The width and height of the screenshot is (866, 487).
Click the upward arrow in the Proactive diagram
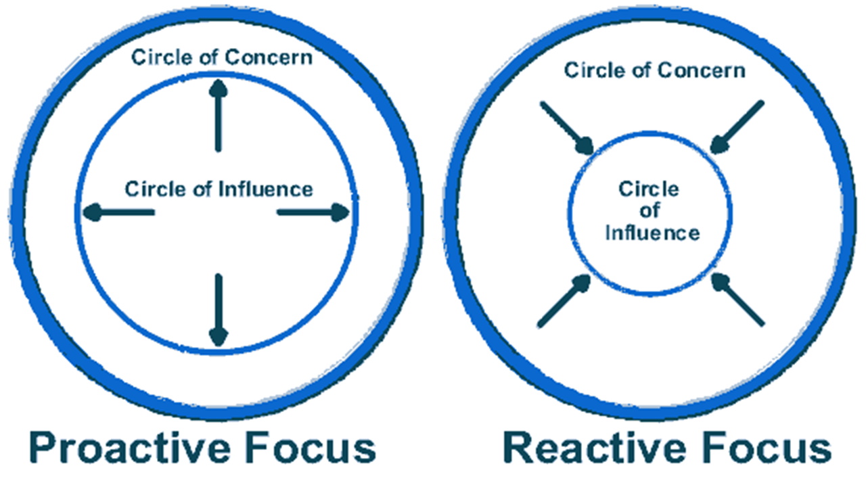217,115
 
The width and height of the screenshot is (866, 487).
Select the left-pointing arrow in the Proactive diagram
118,213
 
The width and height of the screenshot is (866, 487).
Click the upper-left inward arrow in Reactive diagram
567,128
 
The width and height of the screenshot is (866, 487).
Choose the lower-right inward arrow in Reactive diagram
739,300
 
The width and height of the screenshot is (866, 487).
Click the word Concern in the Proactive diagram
269,57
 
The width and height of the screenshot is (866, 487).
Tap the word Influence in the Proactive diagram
267,189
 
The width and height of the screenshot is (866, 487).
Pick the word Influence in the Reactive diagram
652,233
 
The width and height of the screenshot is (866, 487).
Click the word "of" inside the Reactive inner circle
650,211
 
